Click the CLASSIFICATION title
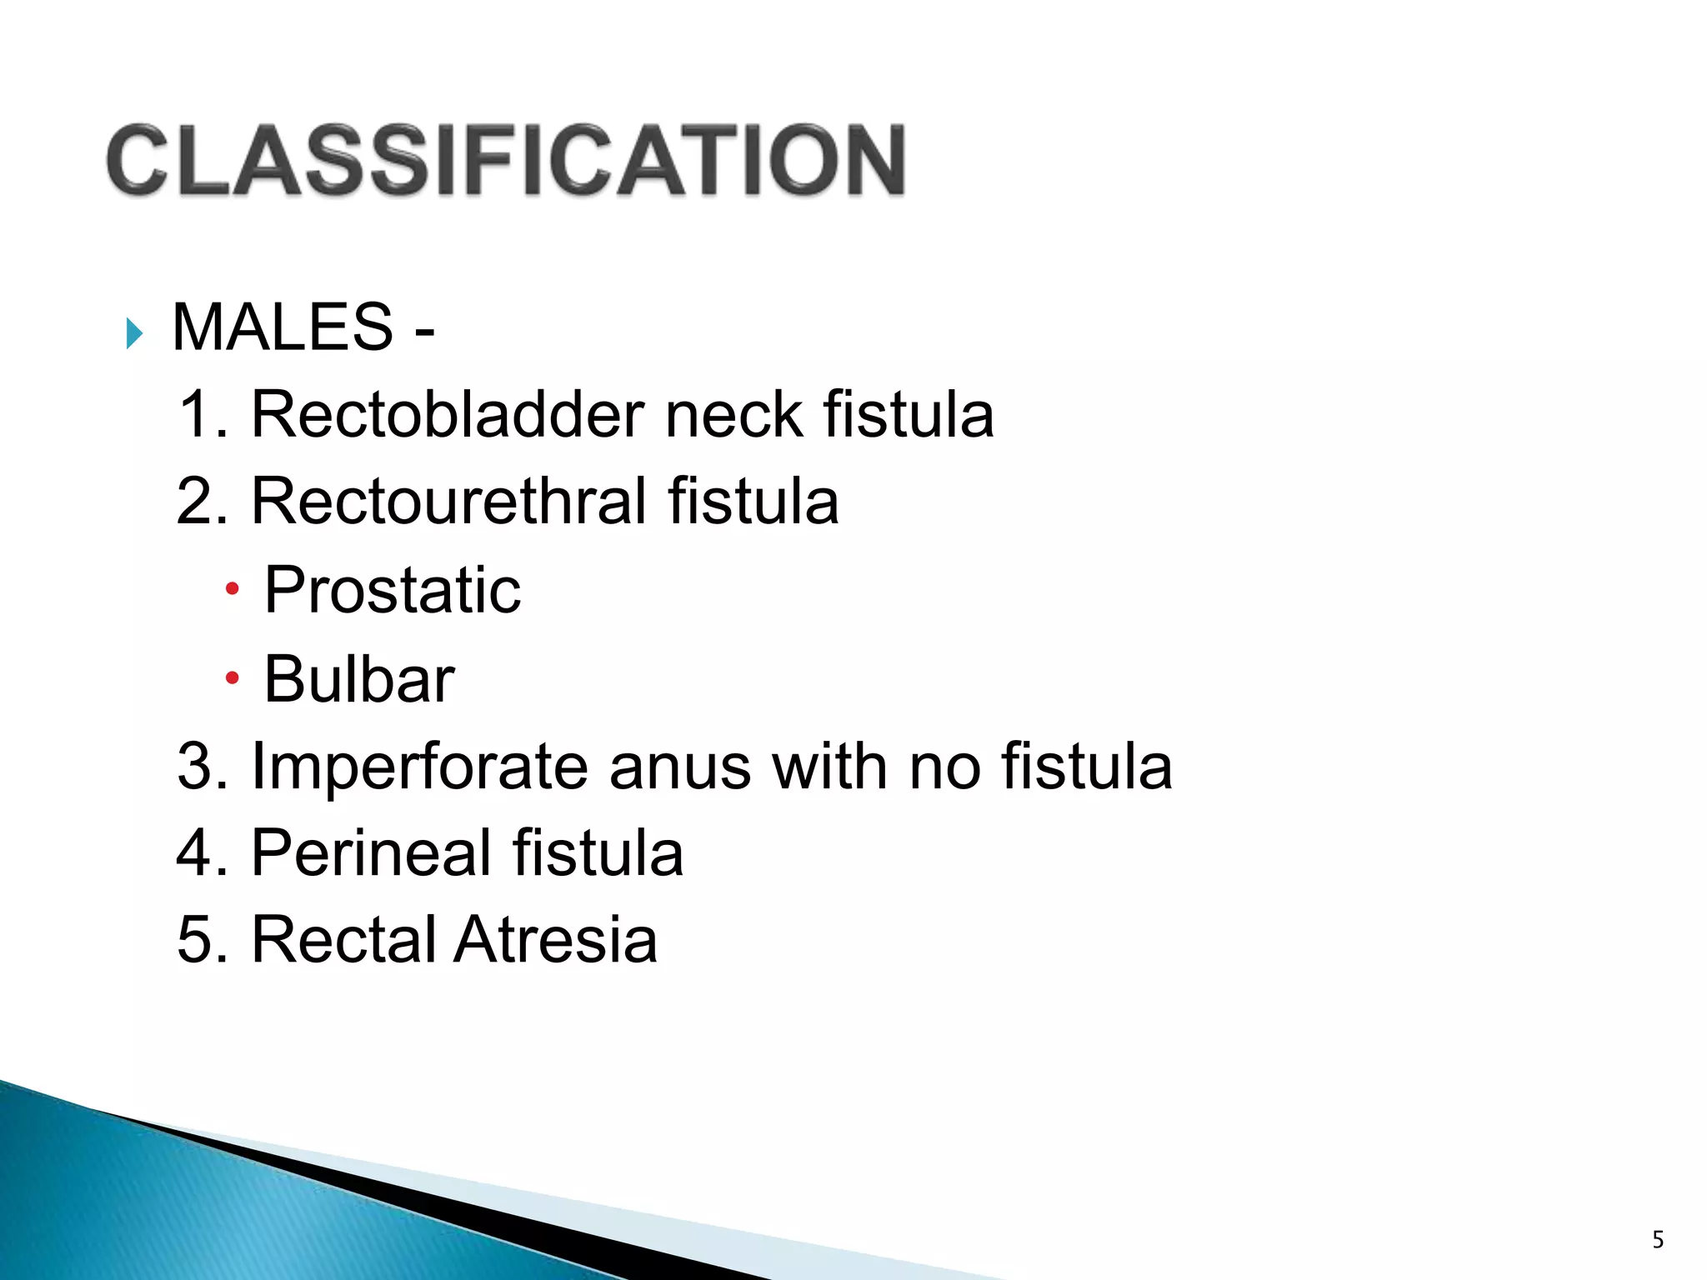click(506, 160)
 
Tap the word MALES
click(282, 327)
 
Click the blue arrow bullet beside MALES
click(133, 333)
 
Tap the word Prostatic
click(393, 590)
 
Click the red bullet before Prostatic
click(233, 590)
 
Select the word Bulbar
click(359, 679)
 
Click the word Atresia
click(556, 940)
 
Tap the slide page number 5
click(1658, 1240)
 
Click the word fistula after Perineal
click(598, 853)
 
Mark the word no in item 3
click(945, 767)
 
